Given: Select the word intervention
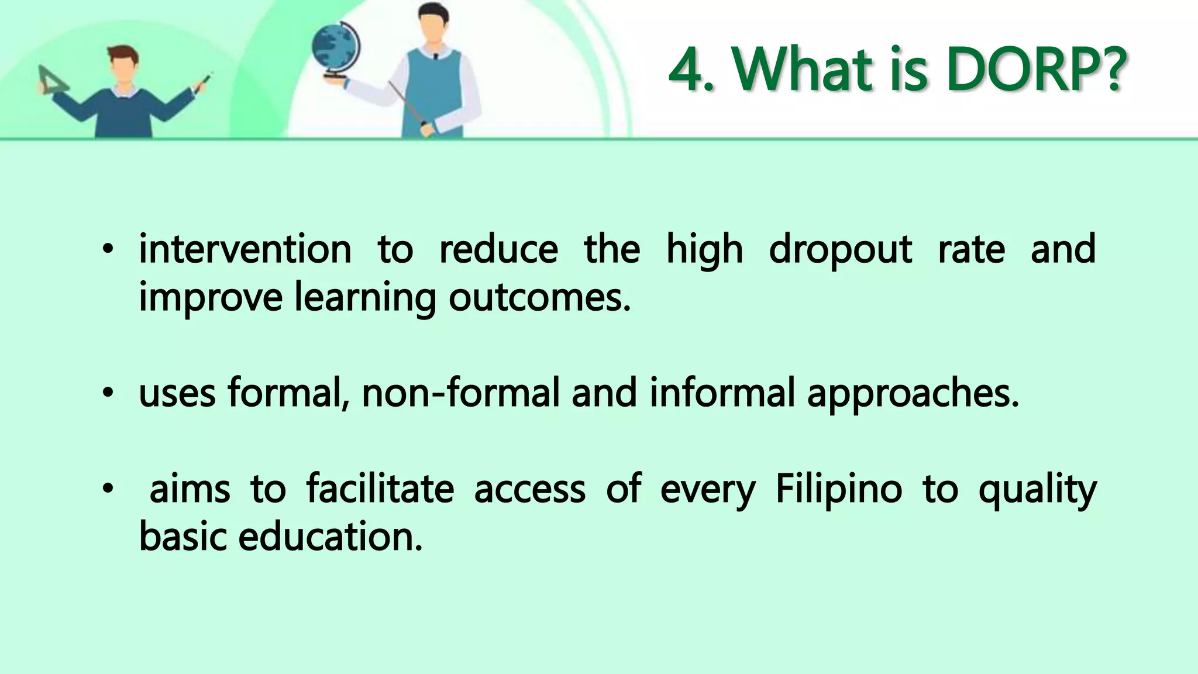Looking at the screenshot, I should pyautogui.click(x=245, y=249).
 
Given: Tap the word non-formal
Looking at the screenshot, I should pyautogui.click(x=461, y=393).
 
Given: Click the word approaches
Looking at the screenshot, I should pyautogui.click(x=913, y=394).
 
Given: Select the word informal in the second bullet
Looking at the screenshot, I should pyautogui.click(x=722, y=393).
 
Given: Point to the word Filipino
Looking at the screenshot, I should pyautogui.click(x=838, y=489).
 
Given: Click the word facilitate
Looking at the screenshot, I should pyautogui.click(x=380, y=489).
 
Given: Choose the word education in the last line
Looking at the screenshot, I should pyautogui.click(x=330, y=537).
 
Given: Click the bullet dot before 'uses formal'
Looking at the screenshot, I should pyautogui.click(x=107, y=394).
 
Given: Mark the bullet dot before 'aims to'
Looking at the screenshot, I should pyautogui.click(x=107, y=490).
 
